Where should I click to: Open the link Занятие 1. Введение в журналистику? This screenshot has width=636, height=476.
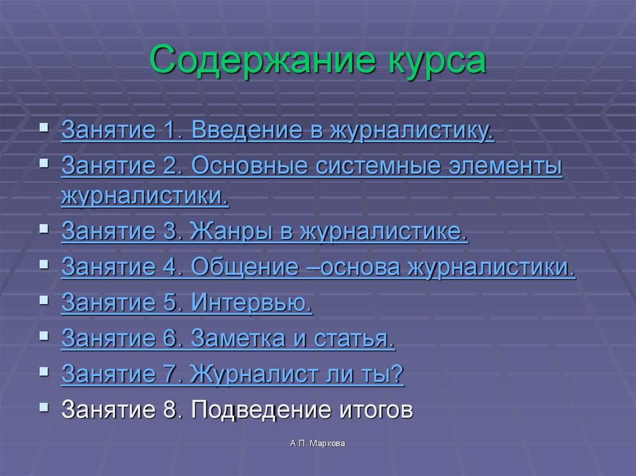click(x=278, y=132)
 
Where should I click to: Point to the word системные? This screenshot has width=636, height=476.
click(x=363, y=167)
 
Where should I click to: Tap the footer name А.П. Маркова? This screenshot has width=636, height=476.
click(x=317, y=444)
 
